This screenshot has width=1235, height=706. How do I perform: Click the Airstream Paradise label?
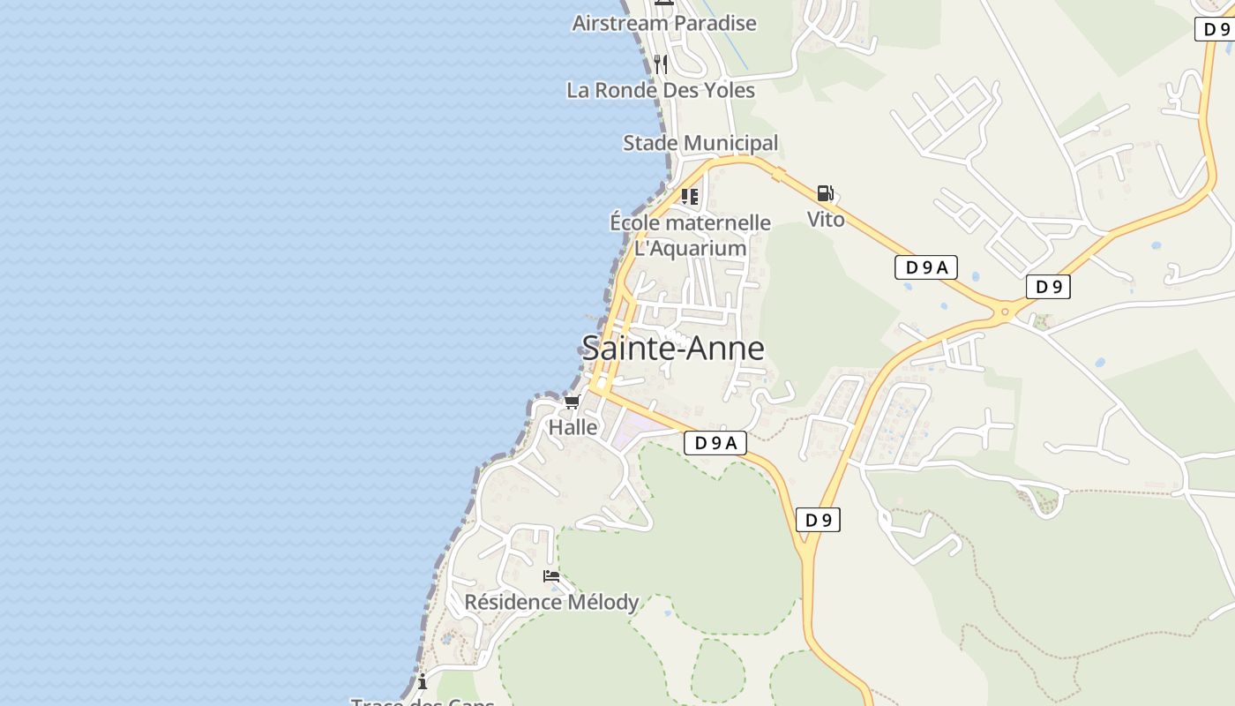tap(663, 23)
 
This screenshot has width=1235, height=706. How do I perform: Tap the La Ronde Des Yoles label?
tap(661, 90)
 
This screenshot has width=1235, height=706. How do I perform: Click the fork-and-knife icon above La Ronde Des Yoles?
tap(660, 64)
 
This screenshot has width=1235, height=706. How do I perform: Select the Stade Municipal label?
tap(700, 143)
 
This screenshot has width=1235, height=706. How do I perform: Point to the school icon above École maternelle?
tap(690, 196)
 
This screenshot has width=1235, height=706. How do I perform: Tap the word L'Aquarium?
tap(691, 248)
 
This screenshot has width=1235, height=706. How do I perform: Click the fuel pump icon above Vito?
tap(825, 193)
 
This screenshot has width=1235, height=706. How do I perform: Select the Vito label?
tap(826, 219)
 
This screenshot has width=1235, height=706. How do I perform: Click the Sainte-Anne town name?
tap(673, 349)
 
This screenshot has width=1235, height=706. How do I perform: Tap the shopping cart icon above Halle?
tap(572, 402)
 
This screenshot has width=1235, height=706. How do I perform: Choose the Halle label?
tap(573, 427)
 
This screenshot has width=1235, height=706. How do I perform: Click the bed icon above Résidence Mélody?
tap(551, 576)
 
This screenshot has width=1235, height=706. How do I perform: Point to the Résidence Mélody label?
tap(551, 602)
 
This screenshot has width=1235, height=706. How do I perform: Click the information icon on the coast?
tap(423, 681)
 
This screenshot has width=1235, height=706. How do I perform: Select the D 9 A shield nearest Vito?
tap(926, 267)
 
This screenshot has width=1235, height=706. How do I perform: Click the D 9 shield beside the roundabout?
tap(1048, 287)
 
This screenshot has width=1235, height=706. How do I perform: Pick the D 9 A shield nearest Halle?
tap(715, 443)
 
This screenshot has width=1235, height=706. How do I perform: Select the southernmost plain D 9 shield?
tap(819, 520)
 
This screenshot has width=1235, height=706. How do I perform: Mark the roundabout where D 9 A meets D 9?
tap(1004, 311)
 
